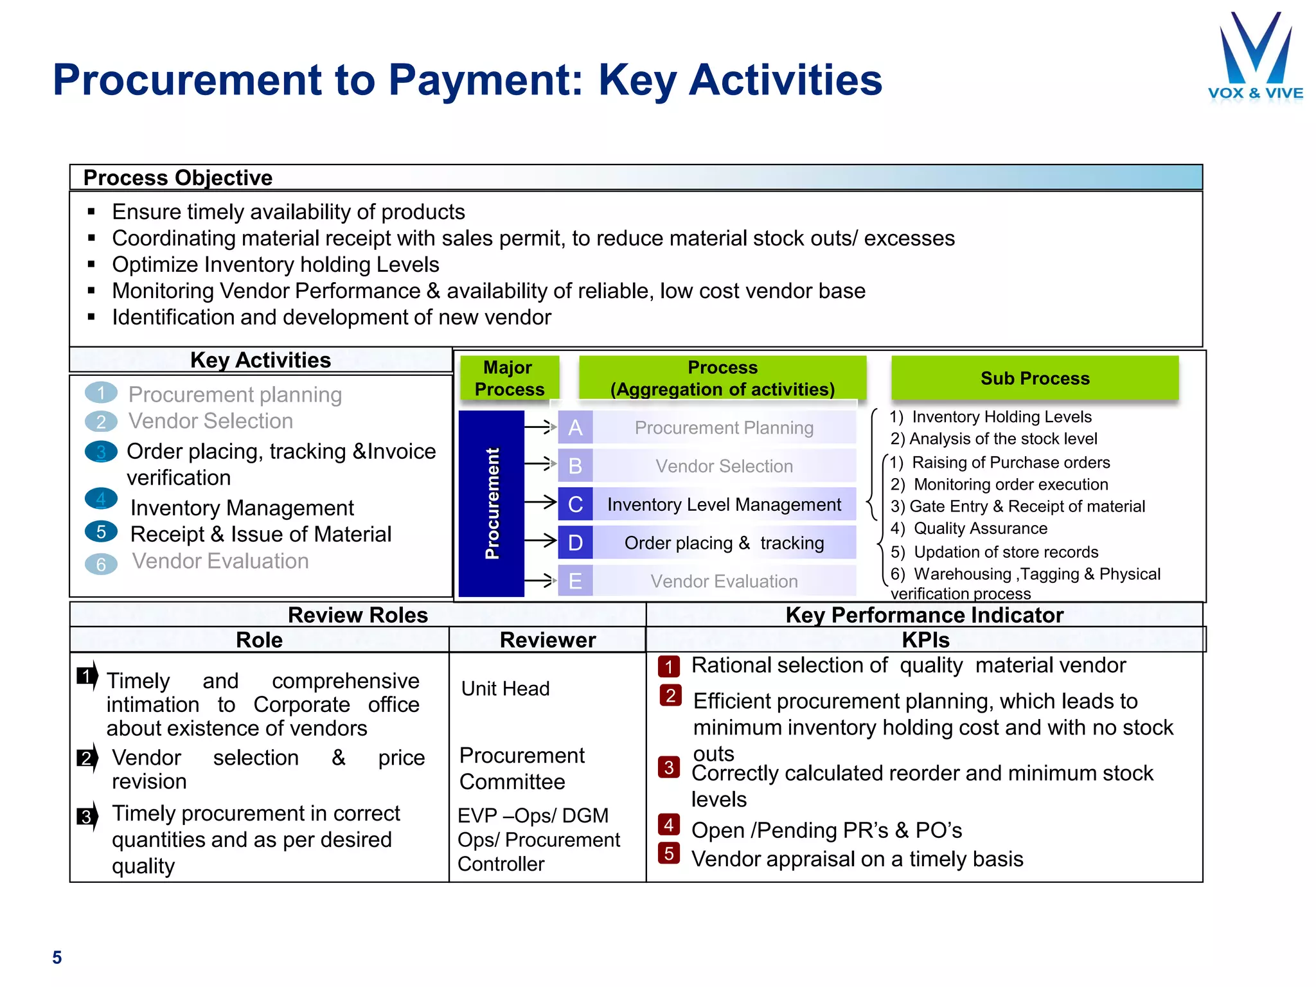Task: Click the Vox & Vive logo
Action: coord(1255,58)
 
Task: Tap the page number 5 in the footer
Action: coord(57,957)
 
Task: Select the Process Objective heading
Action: coord(178,177)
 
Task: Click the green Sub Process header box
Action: coord(1035,378)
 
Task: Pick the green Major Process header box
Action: coord(509,378)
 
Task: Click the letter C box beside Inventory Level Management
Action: coord(575,504)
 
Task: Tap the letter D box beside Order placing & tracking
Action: coord(575,543)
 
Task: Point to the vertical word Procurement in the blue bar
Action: coord(492,503)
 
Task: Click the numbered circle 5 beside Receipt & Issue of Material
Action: coord(101,531)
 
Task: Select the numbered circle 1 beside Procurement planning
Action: coord(101,393)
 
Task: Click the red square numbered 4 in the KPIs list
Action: coord(669,824)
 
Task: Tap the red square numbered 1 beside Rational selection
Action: coord(669,666)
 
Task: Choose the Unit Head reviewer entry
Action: coord(505,689)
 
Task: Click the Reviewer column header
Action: coord(547,640)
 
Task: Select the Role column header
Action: coord(259,640)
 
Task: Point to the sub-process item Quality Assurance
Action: coord(980,528)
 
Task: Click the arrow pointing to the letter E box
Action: coord(540,581)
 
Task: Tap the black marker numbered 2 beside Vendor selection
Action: coord(87,758)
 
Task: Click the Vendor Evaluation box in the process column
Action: coord(724,581)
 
